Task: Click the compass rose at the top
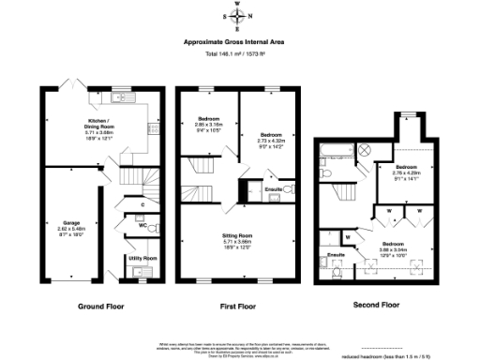coord(240,16)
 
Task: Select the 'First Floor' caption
coord(239,307)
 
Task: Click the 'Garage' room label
coord(71,222)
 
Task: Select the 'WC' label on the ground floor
coord(142,225)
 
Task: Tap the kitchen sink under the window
coord(123,95)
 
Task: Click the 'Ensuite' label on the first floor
coord(275,190)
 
